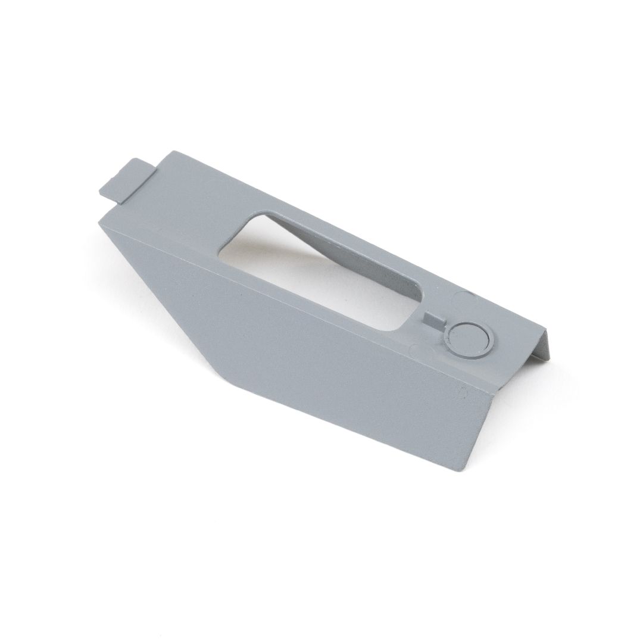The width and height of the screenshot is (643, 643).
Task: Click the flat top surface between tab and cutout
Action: click(x=191, y=202)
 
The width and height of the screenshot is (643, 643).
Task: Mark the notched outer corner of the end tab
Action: click(x=99, y=192)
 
